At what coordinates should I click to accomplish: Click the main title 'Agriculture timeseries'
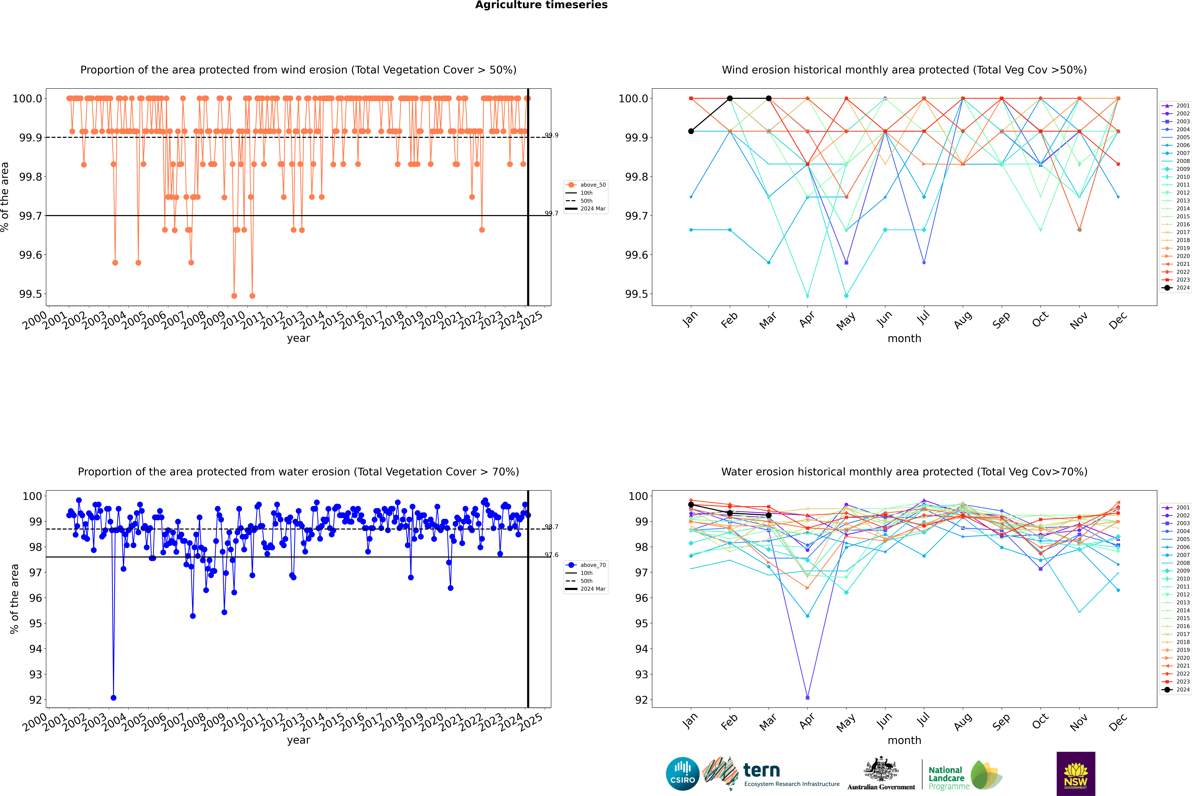pyautogui.click(x=541, y=5)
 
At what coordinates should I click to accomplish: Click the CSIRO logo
pyautogui.click(x=682, y=774)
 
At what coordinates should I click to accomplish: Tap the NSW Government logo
pyautogui.click(x=1076, y=774)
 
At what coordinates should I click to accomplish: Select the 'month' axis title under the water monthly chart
pyautogui.click(x=904, y=740)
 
